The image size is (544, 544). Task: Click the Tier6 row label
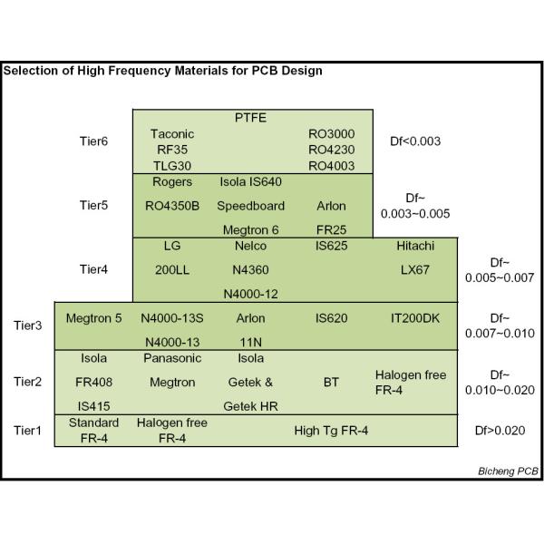[94, 141]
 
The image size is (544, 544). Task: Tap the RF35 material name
[172, 150]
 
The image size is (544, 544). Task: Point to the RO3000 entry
[331, 133]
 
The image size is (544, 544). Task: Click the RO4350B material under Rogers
[172, 206]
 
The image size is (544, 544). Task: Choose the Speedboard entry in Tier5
[251, 206]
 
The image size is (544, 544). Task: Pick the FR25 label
[331, 230]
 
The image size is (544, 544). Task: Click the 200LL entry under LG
[172, 270]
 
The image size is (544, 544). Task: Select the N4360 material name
[251, 270]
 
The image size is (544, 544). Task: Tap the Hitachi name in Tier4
[415, 246]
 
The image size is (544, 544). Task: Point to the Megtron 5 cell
[93, 318]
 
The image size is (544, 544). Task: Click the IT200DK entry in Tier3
[415, 318]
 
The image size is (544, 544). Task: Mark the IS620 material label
[331, 318]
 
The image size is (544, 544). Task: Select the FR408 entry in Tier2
[93, 382]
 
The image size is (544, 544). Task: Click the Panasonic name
[172, 358]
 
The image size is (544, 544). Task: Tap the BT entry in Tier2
[331, 382]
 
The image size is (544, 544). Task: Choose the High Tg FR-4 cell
[331, 430]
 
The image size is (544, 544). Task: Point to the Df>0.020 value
[500, 430]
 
